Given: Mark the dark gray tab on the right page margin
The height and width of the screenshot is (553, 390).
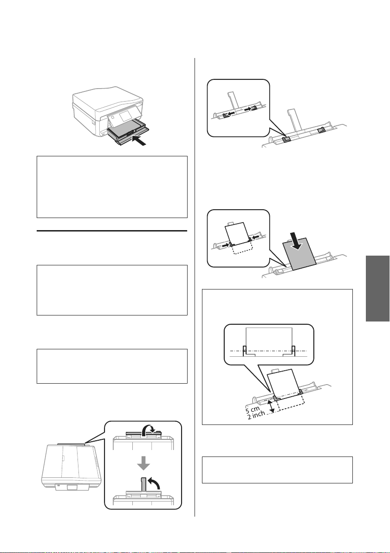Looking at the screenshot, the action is [x=377, y=289].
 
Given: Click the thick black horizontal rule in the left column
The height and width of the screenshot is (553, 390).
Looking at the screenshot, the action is [x=112, y=231].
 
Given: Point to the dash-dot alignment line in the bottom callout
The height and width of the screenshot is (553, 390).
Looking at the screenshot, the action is [x=268, y=351].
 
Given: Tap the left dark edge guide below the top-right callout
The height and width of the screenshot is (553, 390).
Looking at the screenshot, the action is [x=286, y=140].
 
